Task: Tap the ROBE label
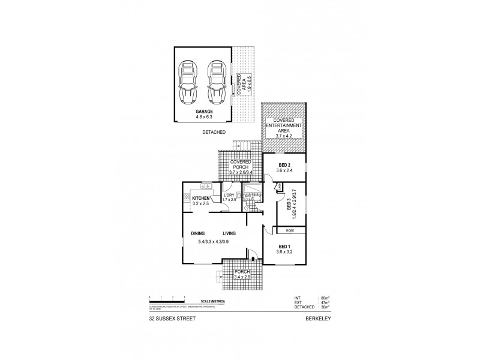click(x=289, y=230)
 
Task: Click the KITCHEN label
click(x=200, y=198)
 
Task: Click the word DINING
click(x=199, y=233)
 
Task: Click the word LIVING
click(x=229, y=233)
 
